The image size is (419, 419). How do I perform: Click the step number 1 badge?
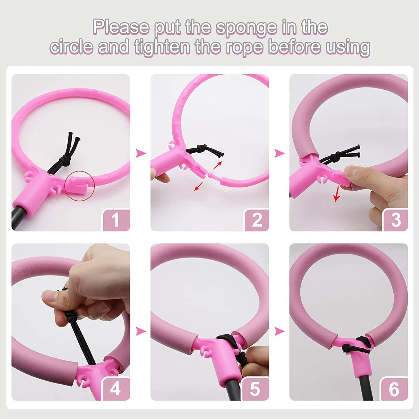tap(116, 220)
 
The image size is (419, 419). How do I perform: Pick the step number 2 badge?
tap(256, 220)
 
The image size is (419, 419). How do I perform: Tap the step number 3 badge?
tap(396, 220)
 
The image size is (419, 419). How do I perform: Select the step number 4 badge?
tap(116, 389)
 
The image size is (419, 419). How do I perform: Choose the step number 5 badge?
tap(255, 389)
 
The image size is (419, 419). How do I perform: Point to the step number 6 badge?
tap(394, 389)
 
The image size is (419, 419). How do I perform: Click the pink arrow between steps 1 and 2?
tap(141, 153)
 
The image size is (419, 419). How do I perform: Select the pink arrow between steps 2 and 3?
tap(280, 153)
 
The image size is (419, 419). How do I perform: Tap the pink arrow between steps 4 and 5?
tap(141, 332)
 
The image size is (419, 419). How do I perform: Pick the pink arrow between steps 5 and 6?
tap(280, 332)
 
